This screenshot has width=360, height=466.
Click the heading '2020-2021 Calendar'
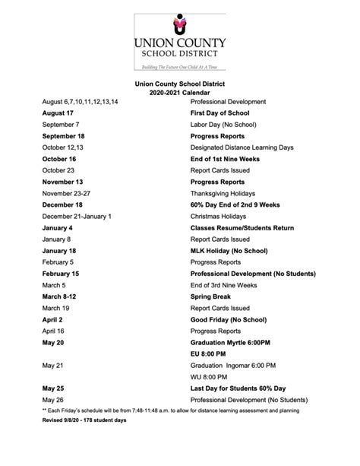(x=180, y=91)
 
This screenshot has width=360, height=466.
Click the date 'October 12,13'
(x=63, y=147)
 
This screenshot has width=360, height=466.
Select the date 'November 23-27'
(x=68, y=194)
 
